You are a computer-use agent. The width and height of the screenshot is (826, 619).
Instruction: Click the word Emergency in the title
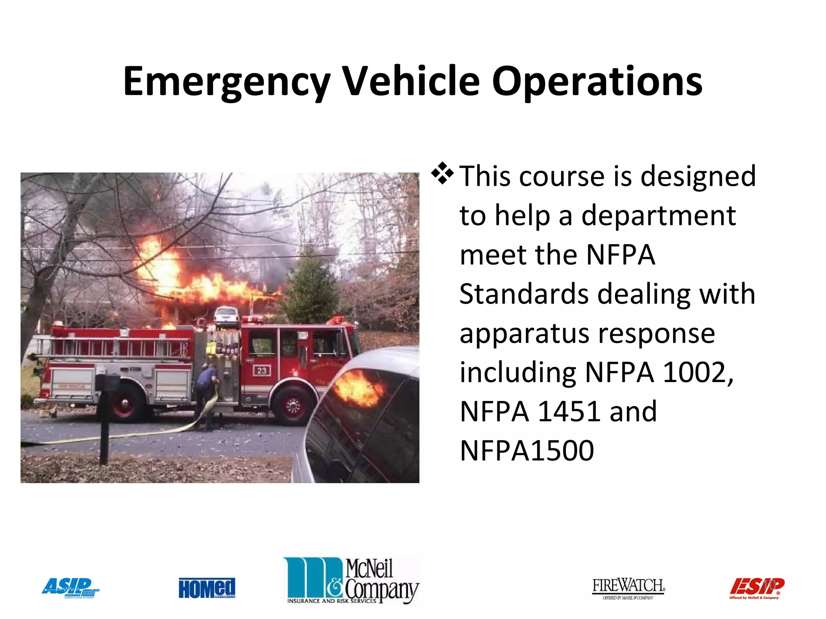point(227,82)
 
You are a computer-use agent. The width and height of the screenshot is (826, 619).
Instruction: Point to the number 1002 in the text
point(698,372)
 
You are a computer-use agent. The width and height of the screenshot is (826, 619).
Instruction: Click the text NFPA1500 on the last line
point(527,451)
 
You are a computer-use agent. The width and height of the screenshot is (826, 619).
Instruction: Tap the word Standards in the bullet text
point(524,294)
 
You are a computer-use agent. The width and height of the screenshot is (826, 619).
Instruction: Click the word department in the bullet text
point(658,216)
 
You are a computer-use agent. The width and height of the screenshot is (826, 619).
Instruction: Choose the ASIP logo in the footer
point(71,588)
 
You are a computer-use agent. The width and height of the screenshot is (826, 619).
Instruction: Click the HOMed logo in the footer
point(207,588)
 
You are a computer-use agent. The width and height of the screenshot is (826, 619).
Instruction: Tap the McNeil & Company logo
point(351,581)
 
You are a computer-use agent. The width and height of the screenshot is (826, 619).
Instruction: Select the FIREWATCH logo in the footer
point(628,588)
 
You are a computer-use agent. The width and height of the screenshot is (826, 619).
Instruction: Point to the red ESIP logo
point(756,588)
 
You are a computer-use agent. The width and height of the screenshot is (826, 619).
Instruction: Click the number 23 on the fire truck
point(262,370)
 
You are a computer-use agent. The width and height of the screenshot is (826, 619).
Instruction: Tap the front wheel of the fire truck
point(292,405)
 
